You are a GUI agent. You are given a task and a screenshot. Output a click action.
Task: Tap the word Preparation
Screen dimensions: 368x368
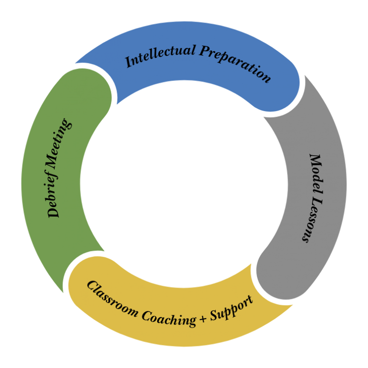point(235,62)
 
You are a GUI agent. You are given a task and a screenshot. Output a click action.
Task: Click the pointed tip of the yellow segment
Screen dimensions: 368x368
point(292,306)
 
